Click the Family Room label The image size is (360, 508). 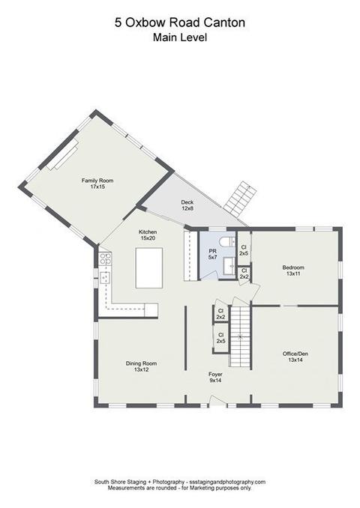coord(97,184)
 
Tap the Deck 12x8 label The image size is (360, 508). coord(187,205)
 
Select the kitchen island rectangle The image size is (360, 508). coord(148,268)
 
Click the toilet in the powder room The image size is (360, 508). coord(227,241)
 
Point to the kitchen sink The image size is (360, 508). coord(105,278)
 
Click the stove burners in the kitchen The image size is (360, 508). coord(105,258)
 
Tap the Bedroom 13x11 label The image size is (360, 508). coord(293,270)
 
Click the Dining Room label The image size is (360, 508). coord(141,366)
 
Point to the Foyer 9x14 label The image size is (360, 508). coord(215,378)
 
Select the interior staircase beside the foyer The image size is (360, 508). coord(240,336)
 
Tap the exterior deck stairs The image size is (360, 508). coord(240,199)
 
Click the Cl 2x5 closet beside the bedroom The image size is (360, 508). coord(244,250)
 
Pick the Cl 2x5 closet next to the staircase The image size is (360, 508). coord(220,338)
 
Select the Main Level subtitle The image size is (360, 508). coord(180,37)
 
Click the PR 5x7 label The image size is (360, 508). coord(212,254)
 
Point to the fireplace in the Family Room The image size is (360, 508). coord(62,155)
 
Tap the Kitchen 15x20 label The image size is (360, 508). coord(148,235)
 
